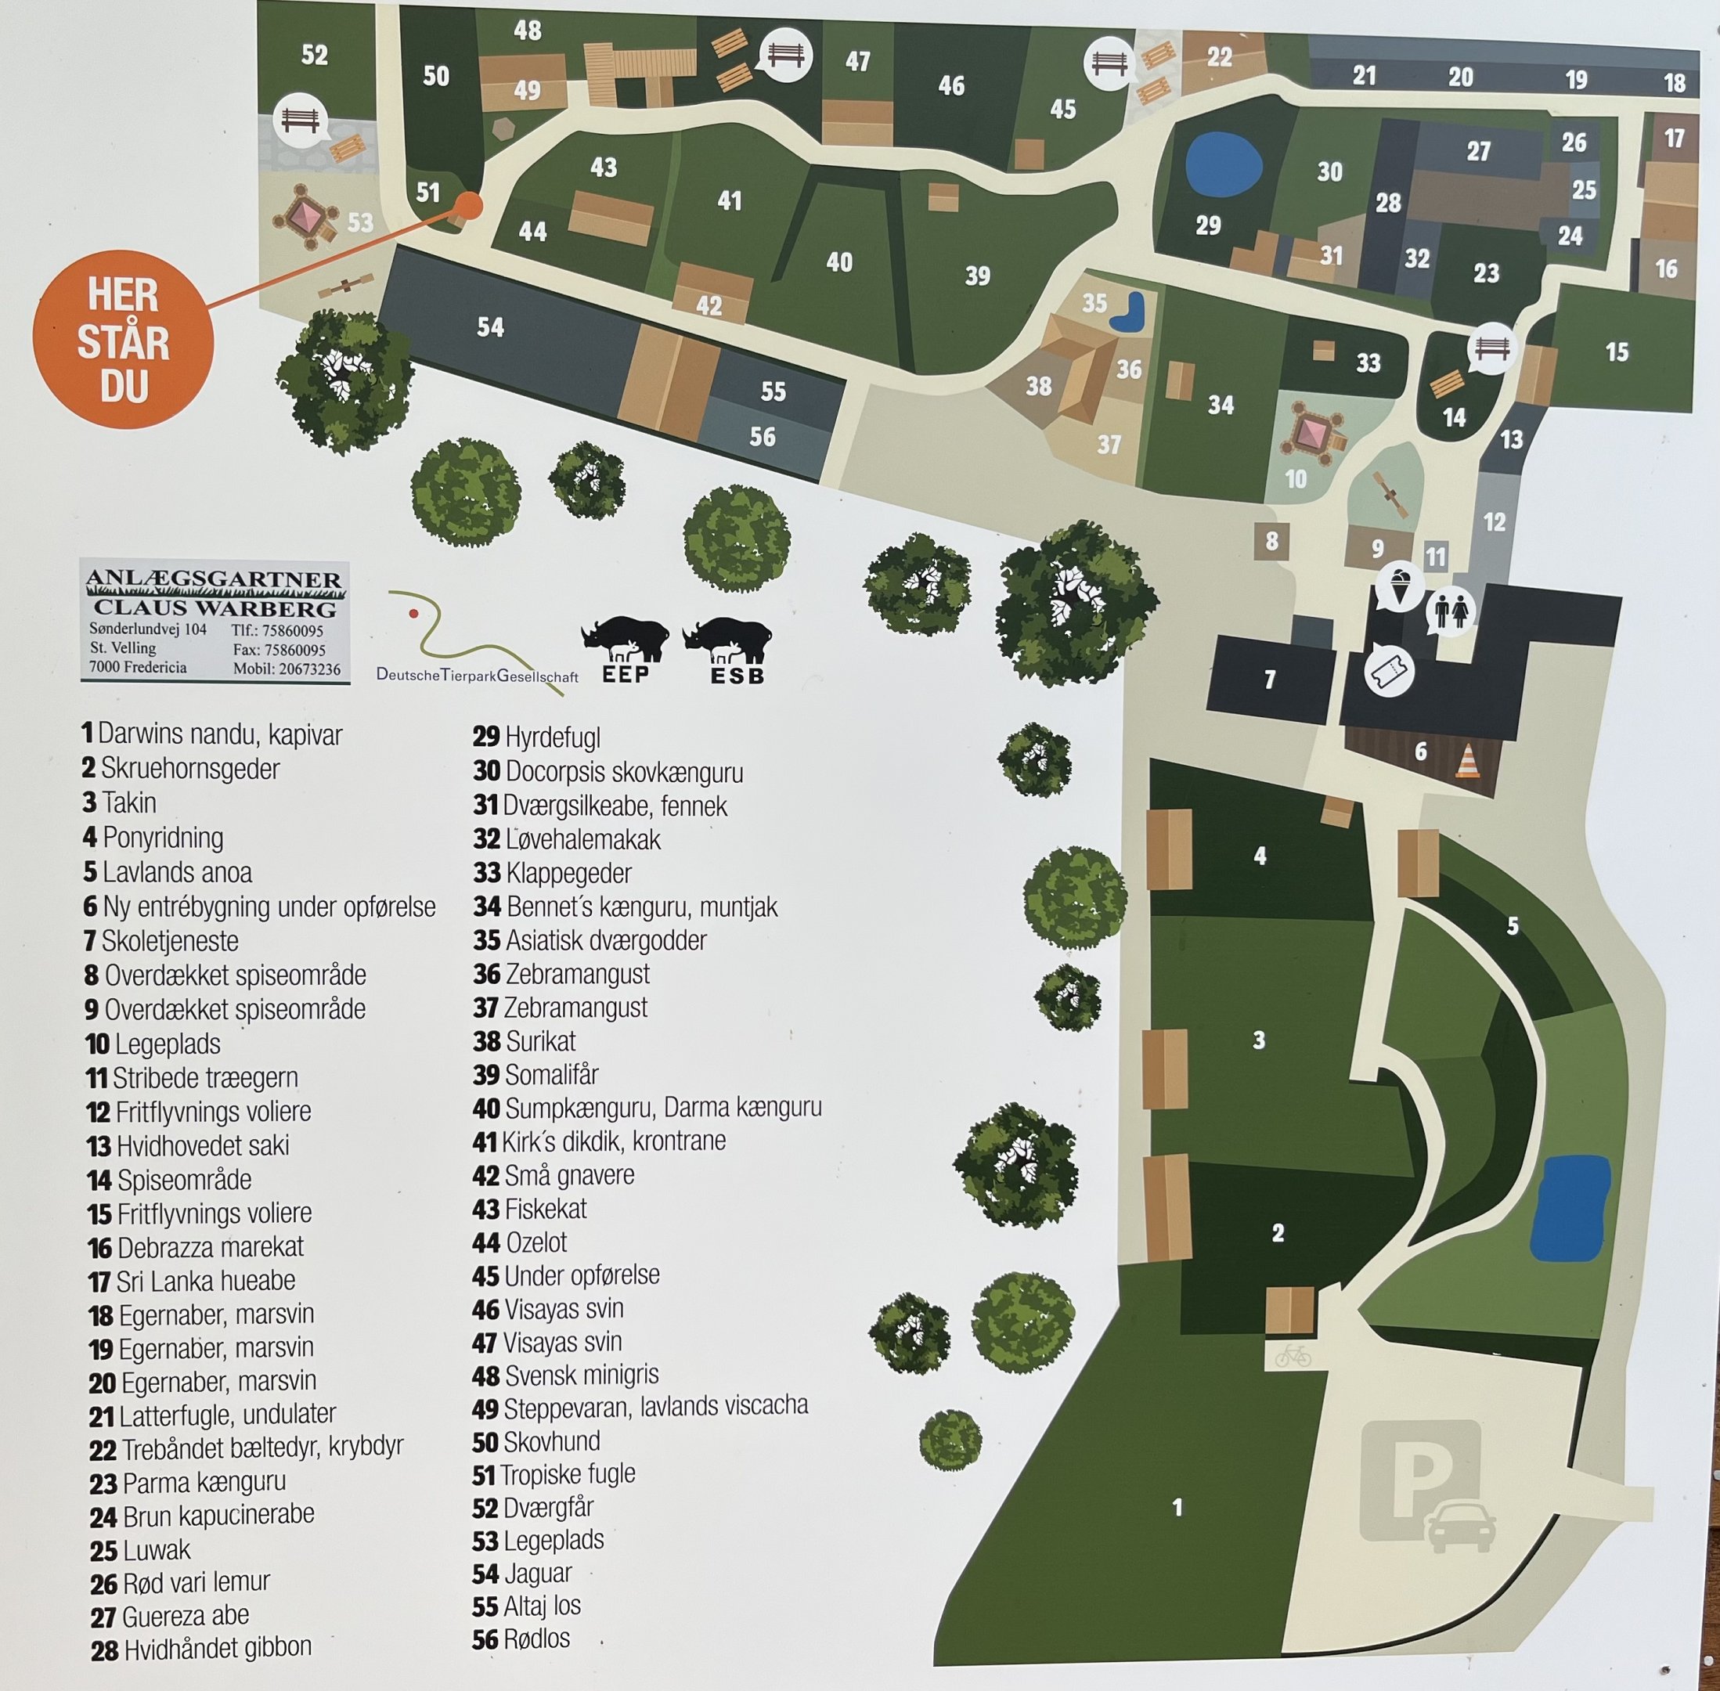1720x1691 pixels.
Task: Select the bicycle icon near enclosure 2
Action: point(1292,1357)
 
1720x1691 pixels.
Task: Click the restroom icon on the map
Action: point(1451,612)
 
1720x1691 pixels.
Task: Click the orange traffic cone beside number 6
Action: point(1469,761)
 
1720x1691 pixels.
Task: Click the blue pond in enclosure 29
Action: point(1223,164)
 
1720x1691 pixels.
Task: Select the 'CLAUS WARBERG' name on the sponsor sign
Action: point(215,608)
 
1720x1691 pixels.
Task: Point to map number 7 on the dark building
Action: point(1270,680)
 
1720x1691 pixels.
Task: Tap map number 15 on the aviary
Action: point(1617,352)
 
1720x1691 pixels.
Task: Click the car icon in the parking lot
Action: point(1460,1527)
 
